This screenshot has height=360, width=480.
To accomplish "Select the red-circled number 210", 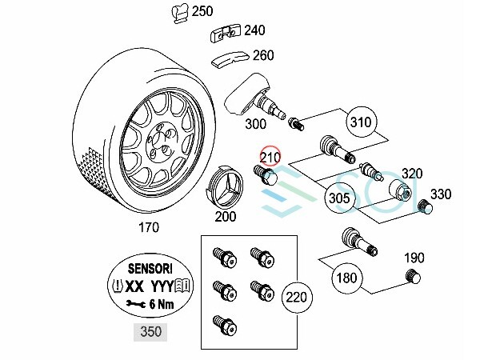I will pos(270,158).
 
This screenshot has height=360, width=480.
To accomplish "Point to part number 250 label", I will pos(203,11).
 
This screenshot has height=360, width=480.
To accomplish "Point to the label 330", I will pos(442,194).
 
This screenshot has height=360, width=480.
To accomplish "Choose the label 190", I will pos(414,258).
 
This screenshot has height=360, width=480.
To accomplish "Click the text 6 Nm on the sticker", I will pos(160,305).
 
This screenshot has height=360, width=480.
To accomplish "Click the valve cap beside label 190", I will pos(413,278).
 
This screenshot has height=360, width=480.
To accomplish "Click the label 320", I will pos(412,173).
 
